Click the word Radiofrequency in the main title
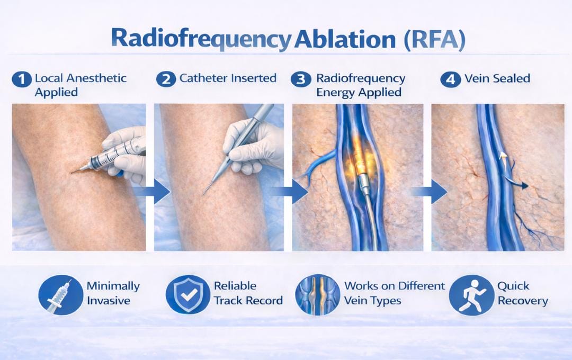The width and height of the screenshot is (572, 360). pos(202,41)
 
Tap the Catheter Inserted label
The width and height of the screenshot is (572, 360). pos(228,78)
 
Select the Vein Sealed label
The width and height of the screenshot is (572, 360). pos(497,78)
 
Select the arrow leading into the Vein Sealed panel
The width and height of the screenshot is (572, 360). pos(434,191)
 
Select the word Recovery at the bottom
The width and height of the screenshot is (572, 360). pos(522,301)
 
